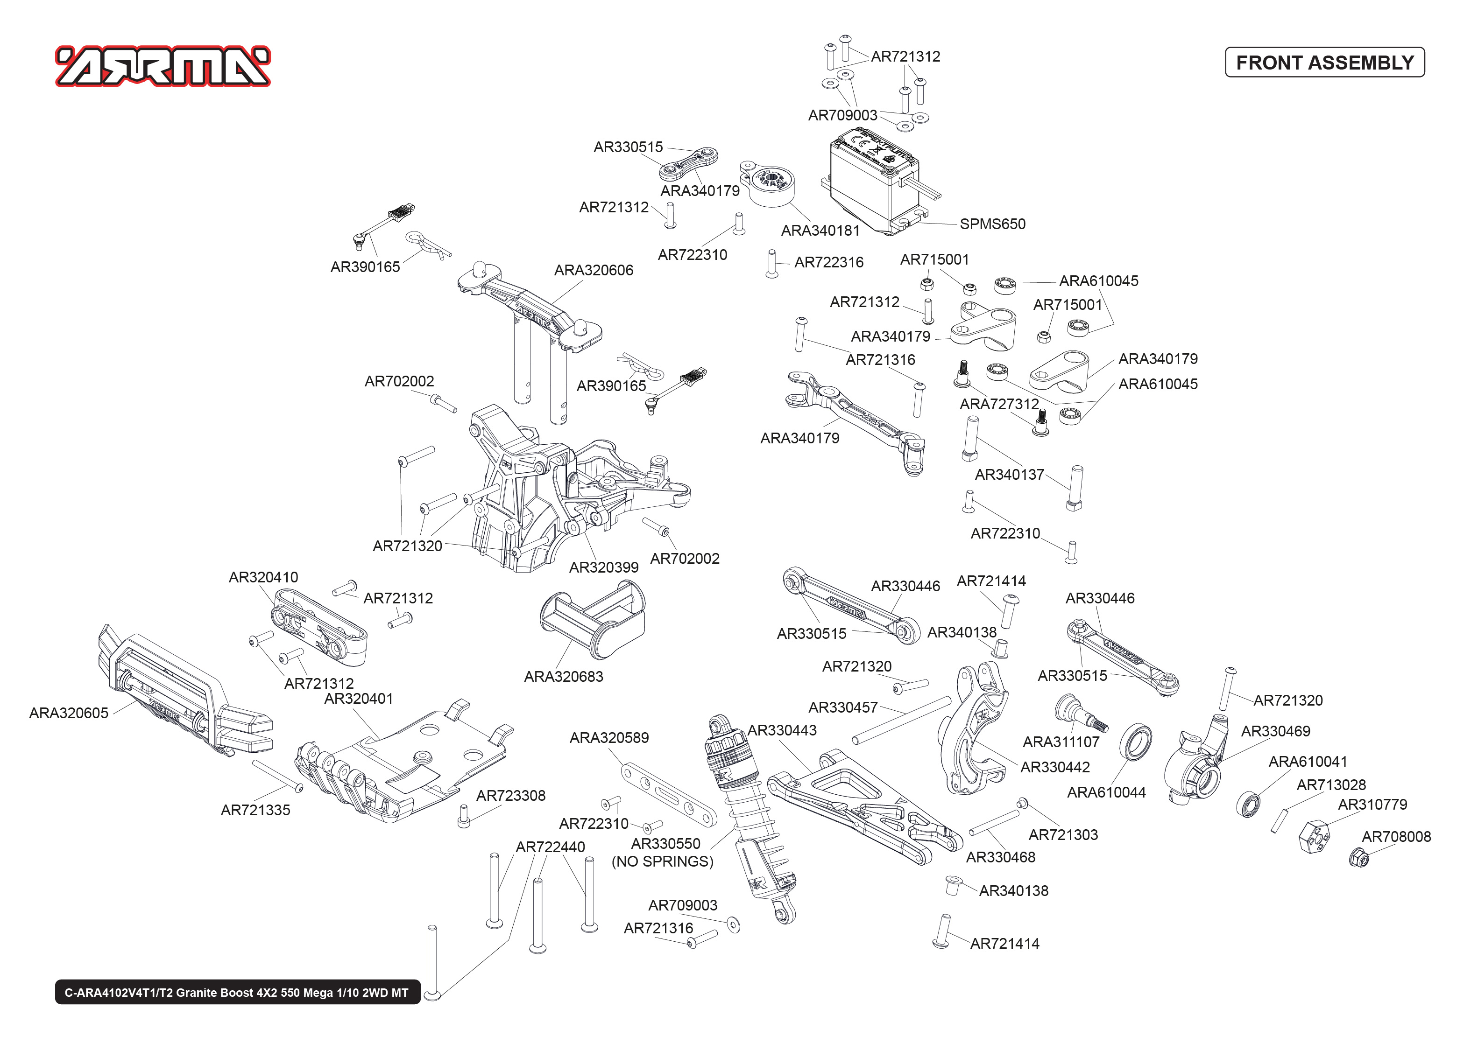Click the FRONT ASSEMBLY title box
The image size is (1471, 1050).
(1324, 63)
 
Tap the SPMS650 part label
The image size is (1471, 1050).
(992, 224)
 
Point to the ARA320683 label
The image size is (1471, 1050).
(564, 677)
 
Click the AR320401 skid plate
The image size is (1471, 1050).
(401, 763)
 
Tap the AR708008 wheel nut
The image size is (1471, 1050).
(1359, 857)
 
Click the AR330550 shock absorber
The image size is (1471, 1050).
(750, 821)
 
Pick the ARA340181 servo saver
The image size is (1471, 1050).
(770, 184)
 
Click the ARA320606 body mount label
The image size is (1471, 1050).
(594, 270)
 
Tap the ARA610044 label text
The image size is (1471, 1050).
(1106, 793)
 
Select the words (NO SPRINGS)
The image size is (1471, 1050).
(662, 862)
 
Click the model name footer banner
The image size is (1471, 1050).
(237, 993)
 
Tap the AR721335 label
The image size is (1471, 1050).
(255, 810)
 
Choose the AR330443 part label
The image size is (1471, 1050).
(782, 731)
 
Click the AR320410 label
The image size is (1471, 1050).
(263, 577)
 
